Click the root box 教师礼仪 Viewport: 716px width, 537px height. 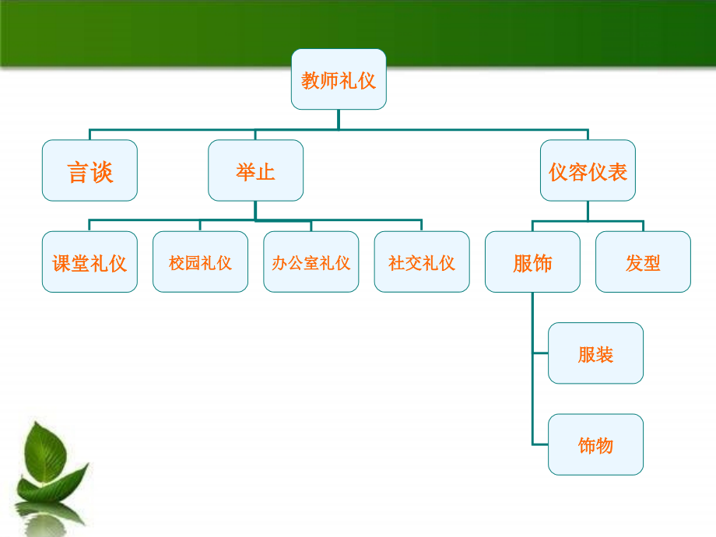(x=339, y=79)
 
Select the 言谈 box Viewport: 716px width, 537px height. (x=89, y=170)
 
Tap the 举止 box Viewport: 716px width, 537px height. (x=255, y=170)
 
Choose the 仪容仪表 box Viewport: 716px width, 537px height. (x=588, y=170)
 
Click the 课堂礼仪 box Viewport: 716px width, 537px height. (x=89, y=262)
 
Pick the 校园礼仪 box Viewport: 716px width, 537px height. (x=200, y=262)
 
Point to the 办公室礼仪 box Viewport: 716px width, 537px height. (x=311, y=262)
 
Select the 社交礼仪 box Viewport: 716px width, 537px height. (x=422, y=262)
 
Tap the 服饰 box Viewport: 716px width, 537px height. (x=532, y=262)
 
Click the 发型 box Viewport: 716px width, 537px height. (x=643, y=262)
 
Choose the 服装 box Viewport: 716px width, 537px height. (x=595, y=353)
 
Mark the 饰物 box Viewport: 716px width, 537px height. (x=595, y=444)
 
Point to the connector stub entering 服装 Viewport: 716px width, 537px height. (x=540, y=353)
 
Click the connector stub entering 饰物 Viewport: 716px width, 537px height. (x=540, y=444)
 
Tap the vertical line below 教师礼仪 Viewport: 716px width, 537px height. (x=339, y=119)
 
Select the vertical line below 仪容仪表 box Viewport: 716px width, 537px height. (x=588, y=211)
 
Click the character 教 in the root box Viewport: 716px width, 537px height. (x=310, y=80)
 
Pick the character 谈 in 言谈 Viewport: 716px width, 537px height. (x=103, y=171)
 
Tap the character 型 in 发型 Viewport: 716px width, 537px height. (x=652, y=263)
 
